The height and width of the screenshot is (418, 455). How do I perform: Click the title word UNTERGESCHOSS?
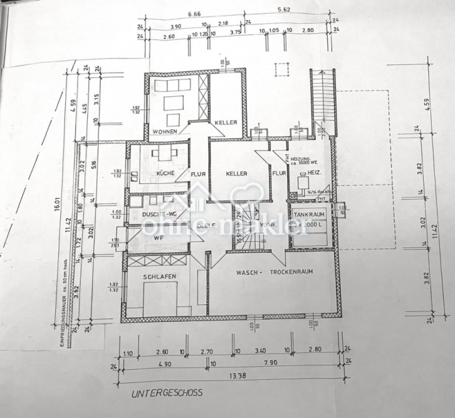pos(167,392)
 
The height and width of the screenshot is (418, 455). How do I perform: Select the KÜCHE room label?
pos(165,173)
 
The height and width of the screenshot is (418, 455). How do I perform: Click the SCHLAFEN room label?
pos(159,276)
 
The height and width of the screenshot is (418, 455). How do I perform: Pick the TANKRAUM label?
pos(309,214)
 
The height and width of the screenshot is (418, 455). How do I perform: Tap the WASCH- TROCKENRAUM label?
pos(275,272)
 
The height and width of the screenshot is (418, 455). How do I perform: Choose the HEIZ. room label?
pos(315,173)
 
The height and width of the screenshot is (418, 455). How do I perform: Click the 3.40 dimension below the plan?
pos(261,351)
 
